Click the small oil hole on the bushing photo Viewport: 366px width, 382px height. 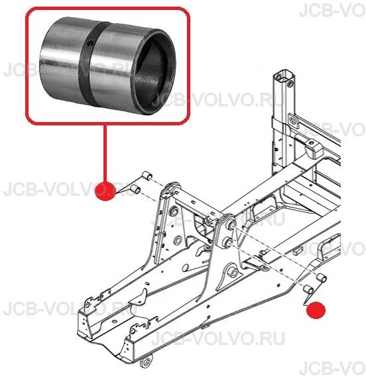click(90, 44)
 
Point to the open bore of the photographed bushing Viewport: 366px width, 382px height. click(154, 73)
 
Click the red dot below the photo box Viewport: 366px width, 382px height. click(105, 191)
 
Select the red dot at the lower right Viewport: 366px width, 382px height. click(316, 310)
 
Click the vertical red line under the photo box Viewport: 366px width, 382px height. click(105, 153)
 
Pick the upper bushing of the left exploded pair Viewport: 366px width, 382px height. click(147, 176)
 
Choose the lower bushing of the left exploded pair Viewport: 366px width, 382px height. click(135, 189)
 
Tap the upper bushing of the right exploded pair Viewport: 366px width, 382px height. click(322, 278)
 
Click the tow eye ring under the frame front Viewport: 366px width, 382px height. click(147, 361)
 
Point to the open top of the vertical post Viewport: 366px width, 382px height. click(284, 76)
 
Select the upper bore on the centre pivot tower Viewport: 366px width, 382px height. click(230, 225)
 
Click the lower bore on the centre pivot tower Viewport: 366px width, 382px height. click(228, 243)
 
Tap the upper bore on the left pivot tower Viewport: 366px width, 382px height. click(174, 211)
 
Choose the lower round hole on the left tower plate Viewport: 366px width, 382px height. click(178, 240)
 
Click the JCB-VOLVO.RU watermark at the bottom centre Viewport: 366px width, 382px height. click(218, 338)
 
